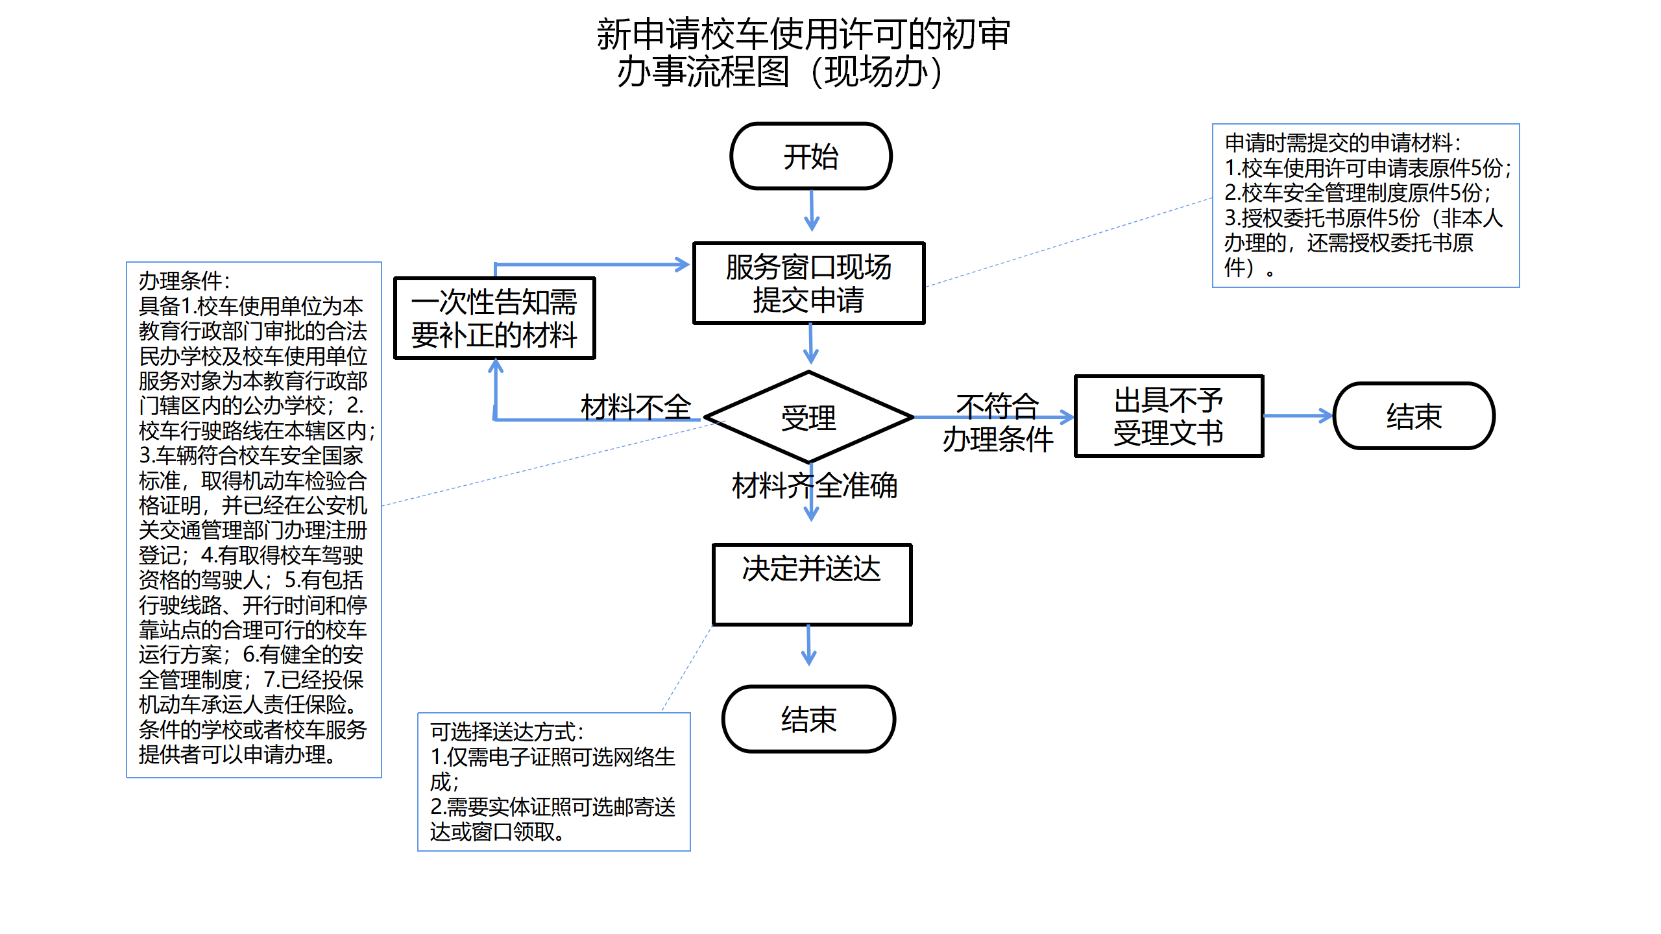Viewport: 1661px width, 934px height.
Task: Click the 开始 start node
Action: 810,156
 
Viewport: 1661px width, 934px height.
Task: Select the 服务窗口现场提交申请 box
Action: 808,283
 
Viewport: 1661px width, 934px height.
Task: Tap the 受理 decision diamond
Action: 808,418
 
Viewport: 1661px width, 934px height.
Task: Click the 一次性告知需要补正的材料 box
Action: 494,318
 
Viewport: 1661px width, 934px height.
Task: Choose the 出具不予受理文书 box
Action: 1169,416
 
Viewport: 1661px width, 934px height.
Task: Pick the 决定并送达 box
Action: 812,584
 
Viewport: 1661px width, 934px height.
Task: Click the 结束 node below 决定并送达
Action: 808,719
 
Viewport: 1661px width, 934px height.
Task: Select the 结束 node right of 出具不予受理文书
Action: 1414,416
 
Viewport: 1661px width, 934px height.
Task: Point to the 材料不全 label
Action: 635,407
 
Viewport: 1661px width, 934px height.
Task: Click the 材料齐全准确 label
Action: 814,485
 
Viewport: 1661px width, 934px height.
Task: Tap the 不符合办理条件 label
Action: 997,423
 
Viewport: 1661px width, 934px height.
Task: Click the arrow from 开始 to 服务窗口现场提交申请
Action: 811,210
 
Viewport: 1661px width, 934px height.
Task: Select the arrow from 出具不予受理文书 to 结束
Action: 1298,416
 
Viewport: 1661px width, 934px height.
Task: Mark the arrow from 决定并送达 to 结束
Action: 808,645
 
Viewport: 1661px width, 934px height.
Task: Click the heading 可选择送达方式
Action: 507,732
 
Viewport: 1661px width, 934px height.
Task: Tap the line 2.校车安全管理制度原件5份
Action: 1357,193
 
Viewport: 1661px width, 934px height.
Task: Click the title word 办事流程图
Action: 703,71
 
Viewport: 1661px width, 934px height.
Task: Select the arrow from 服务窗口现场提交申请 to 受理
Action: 810,343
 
